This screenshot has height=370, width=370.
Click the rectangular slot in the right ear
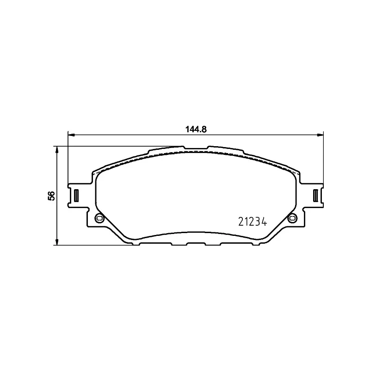[x=315, y=195]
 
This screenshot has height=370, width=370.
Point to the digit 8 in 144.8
[x=203, y=129]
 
